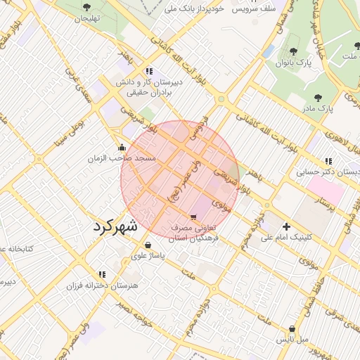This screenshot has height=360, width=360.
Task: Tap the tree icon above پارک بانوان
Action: coord(294,51)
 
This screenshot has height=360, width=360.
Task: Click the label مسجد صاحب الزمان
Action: coord(121,159)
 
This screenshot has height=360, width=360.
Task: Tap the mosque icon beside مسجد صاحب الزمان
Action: coord(122,148)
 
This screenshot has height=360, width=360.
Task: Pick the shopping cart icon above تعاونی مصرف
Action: coord(193,217)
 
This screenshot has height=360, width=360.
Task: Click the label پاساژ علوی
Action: coord(148,256)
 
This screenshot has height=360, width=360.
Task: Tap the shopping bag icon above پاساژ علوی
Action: coord(148,245)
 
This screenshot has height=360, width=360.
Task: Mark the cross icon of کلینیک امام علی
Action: coord(286,226)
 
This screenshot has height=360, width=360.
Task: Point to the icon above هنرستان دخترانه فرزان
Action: coord(103,274)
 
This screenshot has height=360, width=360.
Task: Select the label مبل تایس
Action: coord(292,340)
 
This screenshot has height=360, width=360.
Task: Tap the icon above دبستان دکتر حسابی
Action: coord(329,160)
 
